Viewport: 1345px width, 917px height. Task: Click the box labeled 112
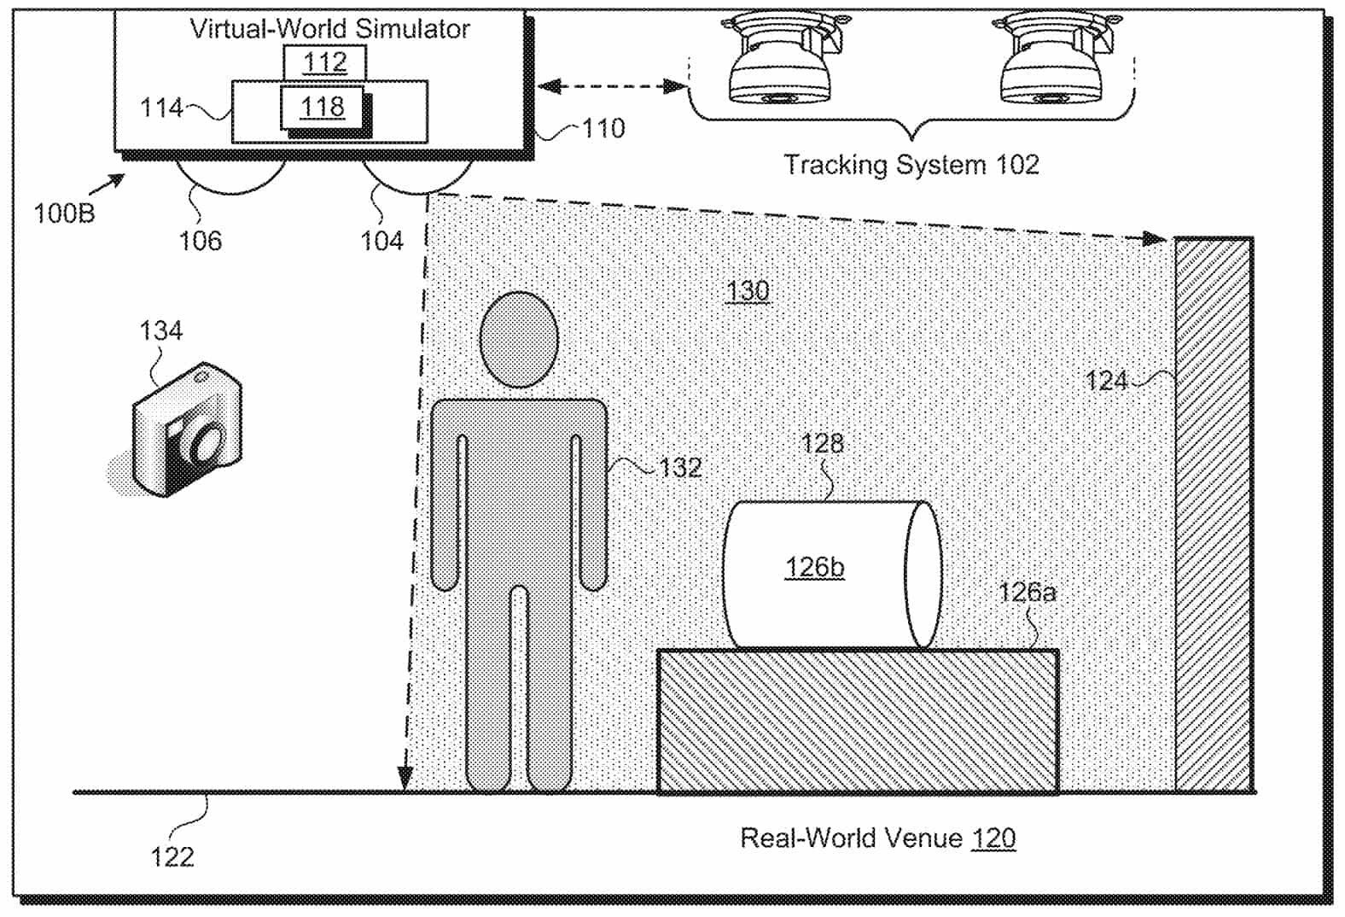[325, 62]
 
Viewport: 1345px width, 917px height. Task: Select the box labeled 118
[323, 107]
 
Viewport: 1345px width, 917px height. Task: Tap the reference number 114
[161, 108]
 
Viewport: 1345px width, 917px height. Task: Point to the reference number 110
[603, 129]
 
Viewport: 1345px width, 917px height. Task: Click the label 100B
[64, 213]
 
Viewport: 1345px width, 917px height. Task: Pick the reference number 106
[200, 241]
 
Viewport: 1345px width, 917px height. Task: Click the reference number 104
[381, 241]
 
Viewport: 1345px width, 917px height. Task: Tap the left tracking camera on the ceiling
[779, 61]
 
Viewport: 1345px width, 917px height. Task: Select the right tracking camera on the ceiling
[1050, 61]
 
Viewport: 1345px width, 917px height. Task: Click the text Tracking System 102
[911, 164]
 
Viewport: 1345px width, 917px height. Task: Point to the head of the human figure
[519, 340]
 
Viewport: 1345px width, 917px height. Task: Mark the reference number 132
[680, 468]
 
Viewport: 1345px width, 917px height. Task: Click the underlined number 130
[748, 291]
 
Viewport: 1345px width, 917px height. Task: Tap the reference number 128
[822, 443]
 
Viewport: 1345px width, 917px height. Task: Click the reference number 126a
[1027, 592]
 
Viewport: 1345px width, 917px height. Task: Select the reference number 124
[1106, 380]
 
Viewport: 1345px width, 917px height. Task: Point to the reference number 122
[172, 856]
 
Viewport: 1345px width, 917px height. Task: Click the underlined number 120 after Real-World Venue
[993, 838]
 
